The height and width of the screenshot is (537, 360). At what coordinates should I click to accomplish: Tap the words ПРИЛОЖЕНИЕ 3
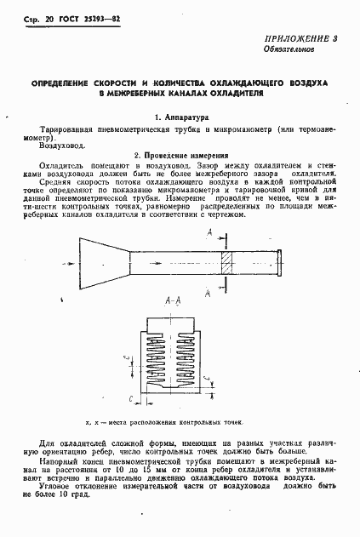click(303, 38)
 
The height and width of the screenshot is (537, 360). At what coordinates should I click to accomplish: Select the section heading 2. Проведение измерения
click(180, 156)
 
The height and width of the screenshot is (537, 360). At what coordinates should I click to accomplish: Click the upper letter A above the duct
click(209, 236)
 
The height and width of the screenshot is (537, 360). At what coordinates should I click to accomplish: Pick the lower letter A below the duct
click(209, 292)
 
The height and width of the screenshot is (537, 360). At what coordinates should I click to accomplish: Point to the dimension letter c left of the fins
click(127, 359)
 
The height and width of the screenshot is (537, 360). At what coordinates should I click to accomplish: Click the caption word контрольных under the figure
click(199, 421)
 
